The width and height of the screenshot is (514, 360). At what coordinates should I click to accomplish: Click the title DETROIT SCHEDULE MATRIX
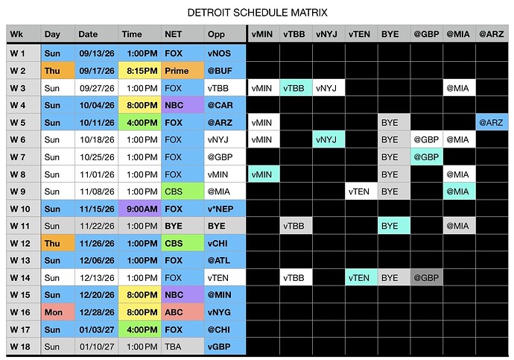[257, 13]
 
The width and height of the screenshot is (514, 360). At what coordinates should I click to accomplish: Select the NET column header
[183, 34]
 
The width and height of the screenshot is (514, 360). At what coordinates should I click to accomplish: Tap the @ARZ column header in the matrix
[492, 34]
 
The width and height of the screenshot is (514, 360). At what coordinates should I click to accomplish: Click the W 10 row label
[24, 209]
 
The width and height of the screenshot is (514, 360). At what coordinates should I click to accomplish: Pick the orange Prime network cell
[183, 71]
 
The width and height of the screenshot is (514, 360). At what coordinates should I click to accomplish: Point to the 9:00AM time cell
[139, 209]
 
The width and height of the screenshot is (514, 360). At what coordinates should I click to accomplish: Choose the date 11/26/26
[96, 243]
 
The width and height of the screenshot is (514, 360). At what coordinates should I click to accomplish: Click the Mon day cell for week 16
[58, 312]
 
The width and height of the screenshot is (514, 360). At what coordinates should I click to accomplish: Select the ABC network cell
[183, 312]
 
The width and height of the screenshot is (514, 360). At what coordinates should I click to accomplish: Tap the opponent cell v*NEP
[225, 209]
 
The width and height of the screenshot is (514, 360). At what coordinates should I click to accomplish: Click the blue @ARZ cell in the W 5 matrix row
[492, 123]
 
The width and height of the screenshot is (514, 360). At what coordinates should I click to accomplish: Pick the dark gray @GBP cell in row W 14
[427, 278]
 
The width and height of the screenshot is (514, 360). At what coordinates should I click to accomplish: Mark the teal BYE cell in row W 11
[394, 226]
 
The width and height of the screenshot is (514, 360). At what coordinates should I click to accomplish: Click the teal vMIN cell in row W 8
[264, 174]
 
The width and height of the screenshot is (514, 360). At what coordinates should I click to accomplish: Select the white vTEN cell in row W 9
[361, 192]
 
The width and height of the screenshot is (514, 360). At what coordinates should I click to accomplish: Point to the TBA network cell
[183, 347]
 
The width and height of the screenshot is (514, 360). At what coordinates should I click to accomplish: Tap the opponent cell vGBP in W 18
[225, 347]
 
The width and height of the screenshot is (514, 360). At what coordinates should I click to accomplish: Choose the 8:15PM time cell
[139, 71]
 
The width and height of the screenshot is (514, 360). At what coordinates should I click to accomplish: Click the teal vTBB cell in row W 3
[296, 88]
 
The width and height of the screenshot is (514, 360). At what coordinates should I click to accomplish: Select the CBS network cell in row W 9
[183, 192]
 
